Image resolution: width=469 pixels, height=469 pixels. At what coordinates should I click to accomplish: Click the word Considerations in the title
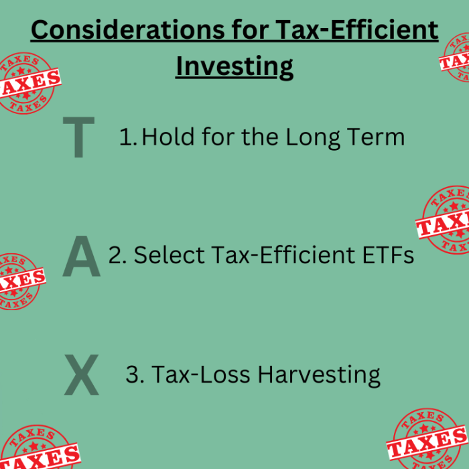[x=128, y=30]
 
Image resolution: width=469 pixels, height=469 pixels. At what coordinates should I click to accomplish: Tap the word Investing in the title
[x=234, y=67]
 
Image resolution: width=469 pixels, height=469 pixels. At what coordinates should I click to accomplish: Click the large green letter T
[x=78, y=137]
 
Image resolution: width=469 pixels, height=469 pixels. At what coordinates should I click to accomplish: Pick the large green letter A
[x=81, y=256]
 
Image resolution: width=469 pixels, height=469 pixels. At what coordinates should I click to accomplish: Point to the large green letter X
[x=81, y=375]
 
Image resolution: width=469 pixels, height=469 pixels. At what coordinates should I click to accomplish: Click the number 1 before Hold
[x=128, y=137]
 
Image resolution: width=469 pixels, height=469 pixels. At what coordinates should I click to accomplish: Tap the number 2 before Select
[x=117, y=255]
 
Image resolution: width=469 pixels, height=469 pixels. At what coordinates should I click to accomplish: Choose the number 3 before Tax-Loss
[x=135, y=374]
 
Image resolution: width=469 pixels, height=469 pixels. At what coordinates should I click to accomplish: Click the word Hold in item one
[x=167, y=137]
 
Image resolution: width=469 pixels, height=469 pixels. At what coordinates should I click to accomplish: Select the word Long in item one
[x=313, y=138]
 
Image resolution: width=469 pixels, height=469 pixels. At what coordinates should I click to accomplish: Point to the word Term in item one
[x=376, y=137]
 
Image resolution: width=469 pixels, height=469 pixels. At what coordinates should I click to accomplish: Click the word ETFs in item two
[x=388, y=255]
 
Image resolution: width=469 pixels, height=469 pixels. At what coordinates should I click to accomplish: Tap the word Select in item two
[x=170, y=255]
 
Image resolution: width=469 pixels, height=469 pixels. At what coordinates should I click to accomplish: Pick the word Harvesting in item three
[x=319, y=375]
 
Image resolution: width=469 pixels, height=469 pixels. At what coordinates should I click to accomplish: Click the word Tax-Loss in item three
[x=201, y=374]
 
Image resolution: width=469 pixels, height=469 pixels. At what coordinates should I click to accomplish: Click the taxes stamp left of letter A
[x=19, y=281]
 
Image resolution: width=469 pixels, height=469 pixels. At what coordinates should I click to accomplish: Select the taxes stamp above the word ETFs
[x=444, y=220]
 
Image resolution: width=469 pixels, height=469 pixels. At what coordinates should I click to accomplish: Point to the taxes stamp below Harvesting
[x=427, y=439]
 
